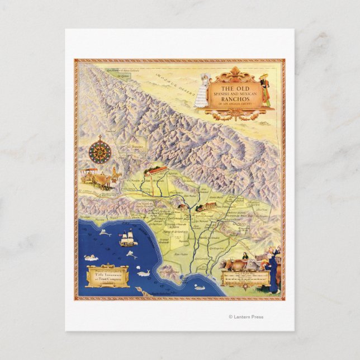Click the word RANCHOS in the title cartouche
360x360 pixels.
coord(233,99)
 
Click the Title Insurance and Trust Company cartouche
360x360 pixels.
coord(107,274)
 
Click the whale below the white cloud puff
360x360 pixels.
coord(143,273)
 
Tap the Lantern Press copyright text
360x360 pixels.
coord(245,317)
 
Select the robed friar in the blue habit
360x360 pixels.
coord(273,274)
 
